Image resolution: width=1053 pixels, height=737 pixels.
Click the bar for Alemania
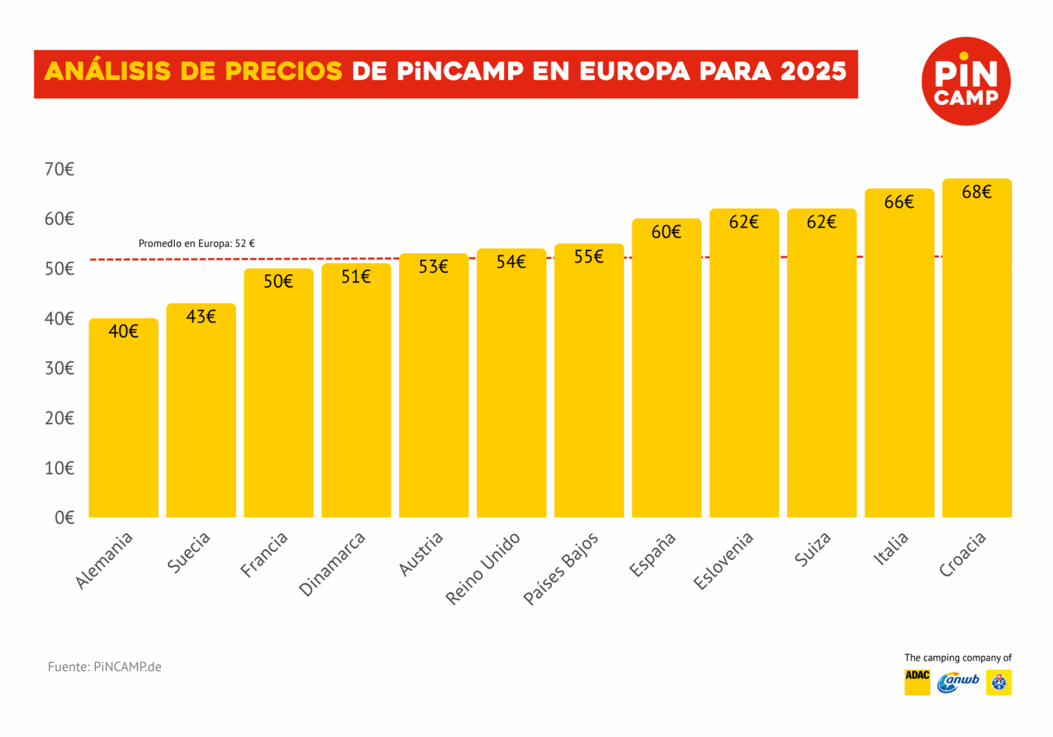point(123,418)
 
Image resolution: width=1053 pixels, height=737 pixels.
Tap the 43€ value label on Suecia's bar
point(201,316)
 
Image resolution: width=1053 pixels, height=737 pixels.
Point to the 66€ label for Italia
point(899,202)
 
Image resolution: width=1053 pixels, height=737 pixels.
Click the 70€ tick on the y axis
point(60,169)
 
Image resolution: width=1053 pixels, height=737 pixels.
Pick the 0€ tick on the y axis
point(64,518)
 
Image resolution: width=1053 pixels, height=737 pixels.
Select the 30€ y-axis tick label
point(60,368)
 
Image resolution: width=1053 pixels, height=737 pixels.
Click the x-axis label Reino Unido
point(483,568)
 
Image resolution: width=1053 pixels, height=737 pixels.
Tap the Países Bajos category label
point(561,568)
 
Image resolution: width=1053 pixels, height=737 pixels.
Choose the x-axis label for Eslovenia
point(723,560)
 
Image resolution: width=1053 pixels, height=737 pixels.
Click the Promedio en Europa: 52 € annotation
point(197,243)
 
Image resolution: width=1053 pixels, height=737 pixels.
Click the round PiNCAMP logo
point(966,81)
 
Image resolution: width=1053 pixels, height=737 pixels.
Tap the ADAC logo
point(917,682)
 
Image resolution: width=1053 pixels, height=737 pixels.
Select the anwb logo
point(958,682)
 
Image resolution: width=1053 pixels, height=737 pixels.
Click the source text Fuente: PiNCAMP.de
point(105,666)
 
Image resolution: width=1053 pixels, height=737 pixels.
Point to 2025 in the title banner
point(814,71)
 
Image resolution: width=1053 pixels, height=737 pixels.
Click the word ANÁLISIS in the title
point(108,71)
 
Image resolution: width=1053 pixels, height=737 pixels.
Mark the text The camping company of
point(958,657)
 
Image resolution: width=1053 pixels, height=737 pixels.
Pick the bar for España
point(666,370)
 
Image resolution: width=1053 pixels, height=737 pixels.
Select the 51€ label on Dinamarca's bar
point(356,276)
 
